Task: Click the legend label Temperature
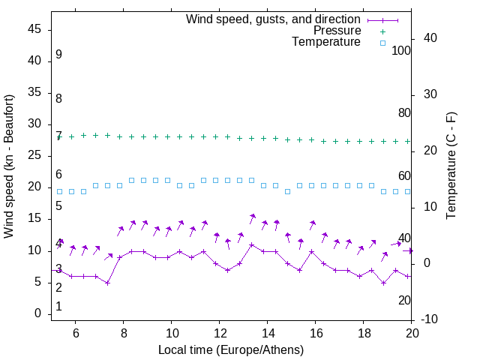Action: (326, 42)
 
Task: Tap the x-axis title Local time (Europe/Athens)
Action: (232, 350)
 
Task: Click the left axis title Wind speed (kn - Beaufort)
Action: (9, 166)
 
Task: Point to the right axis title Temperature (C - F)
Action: (451, 166)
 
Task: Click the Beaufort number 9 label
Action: (58, 55)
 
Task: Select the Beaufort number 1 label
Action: (58, 307)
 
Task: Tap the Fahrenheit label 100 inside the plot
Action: (402, 50)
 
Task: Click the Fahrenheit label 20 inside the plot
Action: (405, 300)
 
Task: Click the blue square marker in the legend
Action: (382, 43)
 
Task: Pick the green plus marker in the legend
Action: (382, 31)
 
